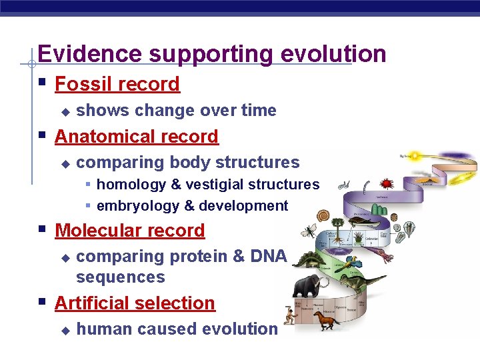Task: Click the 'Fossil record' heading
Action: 117,85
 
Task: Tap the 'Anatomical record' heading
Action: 137,137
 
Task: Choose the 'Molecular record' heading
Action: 130,231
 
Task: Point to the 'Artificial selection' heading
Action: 135,303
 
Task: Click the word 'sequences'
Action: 121,277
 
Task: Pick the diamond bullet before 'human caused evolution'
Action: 65,330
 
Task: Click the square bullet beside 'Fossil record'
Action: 42,83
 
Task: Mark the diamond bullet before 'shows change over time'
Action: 65,111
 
